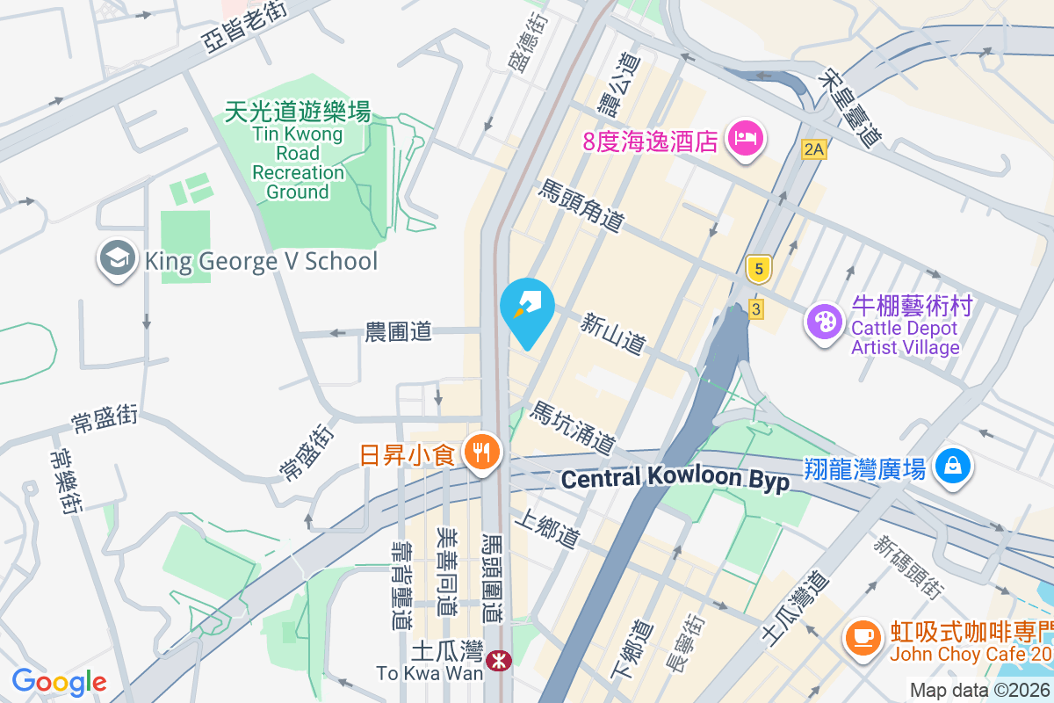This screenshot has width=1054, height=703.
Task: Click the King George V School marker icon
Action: [x=116, y=260]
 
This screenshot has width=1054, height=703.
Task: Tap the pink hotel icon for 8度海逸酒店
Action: [x=746, y=139]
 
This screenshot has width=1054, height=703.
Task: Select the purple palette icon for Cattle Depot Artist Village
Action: [x=825, y=322]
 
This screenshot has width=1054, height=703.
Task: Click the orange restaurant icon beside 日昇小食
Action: [x=480, y=453]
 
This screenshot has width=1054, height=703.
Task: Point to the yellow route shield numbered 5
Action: [x=758, y=269]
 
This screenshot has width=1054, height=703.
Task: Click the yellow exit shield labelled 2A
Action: [x=814, y=149]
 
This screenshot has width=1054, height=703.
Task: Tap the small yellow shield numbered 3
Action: [x=755, y=308]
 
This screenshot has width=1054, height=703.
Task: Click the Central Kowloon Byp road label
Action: [x=675, y=478]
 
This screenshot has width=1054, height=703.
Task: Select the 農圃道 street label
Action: [x=399, y=331]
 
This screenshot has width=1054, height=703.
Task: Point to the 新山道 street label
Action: [x=613, y=334]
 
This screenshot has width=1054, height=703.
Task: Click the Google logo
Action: [x=59, y=682]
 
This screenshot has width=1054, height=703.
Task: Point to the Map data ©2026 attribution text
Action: [x=979, y=690]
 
